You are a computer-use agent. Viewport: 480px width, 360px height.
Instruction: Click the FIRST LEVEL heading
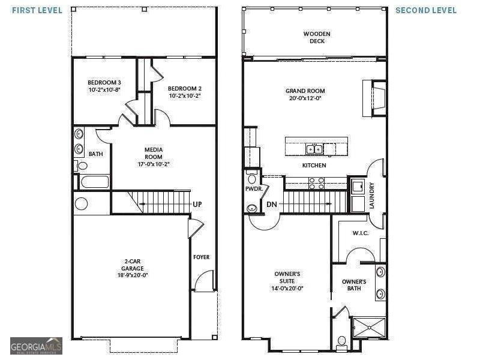point(37,10)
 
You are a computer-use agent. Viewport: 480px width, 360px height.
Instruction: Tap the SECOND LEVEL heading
point(426,10)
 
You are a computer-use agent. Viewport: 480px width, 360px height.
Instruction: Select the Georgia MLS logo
point(36,346)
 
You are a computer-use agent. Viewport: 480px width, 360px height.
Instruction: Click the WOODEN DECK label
point(317,37)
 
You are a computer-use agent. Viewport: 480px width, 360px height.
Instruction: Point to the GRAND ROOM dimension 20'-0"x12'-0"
point(305,98)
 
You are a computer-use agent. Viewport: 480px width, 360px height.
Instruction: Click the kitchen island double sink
point(314,149)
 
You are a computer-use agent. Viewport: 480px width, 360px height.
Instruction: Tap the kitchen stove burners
point(317,183)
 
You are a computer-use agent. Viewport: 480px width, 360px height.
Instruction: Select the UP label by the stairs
point(197,204)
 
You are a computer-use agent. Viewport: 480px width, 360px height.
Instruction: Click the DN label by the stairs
point(272,204)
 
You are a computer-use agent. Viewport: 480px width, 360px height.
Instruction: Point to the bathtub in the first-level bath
point(95,182)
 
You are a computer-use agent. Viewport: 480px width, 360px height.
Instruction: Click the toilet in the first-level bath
point(81,166)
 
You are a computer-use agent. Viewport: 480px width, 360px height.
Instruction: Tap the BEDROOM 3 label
point(104,83)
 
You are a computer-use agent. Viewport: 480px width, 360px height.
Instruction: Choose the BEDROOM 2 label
point(185,89)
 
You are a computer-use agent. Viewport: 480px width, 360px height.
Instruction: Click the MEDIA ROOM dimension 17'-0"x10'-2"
point(154,164)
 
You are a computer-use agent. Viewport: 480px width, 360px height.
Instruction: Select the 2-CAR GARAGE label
point(133,265)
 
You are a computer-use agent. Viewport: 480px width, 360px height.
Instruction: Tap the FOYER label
point(202,257)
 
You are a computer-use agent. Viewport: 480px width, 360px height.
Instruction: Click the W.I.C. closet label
point(361,233)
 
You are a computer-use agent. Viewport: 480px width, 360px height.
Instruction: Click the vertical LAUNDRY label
point(371,196)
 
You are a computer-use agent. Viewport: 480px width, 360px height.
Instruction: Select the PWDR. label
point(254,189)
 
